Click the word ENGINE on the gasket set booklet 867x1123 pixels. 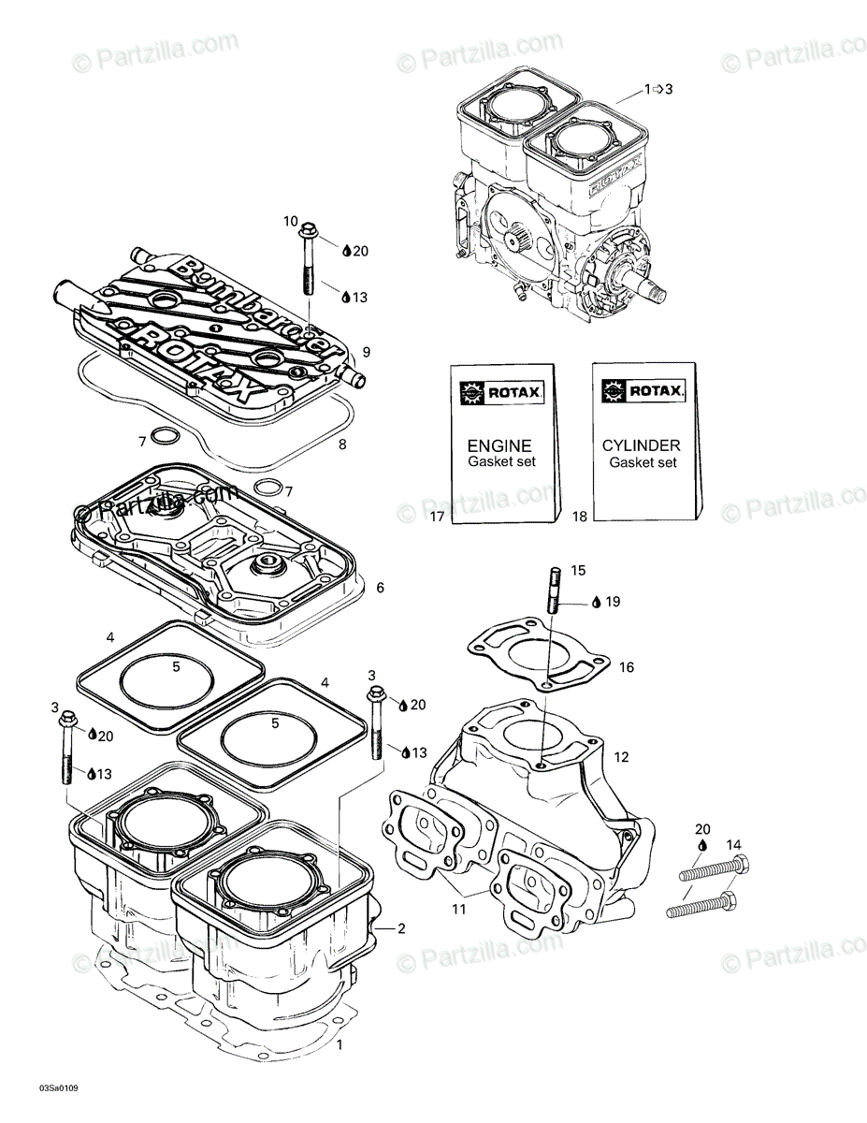[499, 446]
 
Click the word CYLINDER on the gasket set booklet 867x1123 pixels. [641, 446]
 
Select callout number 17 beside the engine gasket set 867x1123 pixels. [437, 516]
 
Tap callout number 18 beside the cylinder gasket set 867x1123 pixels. [580, 516]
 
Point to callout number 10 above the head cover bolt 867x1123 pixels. [291, 221]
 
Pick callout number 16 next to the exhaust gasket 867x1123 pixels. [627, 667]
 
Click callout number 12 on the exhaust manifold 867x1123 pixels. [622, 756]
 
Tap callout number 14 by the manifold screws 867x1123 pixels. [733, 845]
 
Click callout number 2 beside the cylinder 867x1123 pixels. [401, 928]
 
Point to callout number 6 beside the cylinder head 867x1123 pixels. [380, 588]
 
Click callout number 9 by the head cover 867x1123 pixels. [367, 352]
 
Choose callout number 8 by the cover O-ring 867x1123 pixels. [342, 445]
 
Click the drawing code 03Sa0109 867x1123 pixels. [59, 1088]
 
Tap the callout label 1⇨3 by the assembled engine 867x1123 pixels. [657, 89]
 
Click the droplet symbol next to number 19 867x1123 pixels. [595, 602]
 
